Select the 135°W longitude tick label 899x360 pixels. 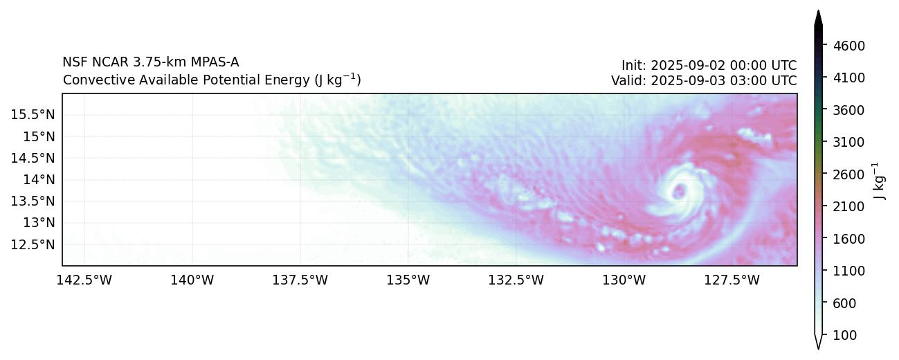click(x=408, y=280)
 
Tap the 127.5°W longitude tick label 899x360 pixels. click(x=732, y=280)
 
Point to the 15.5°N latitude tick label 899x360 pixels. click(x=32, y=114)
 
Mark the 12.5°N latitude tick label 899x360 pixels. click(x=32, y=244)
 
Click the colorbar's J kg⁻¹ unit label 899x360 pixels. click(x=880, y=181)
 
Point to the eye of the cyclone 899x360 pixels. click(x=679, y=190)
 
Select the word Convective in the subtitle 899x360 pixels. click(x=91, y=80)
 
